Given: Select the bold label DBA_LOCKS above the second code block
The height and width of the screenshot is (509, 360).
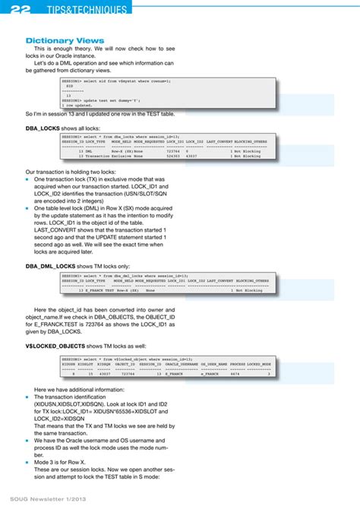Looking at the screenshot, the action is [43, 129].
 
